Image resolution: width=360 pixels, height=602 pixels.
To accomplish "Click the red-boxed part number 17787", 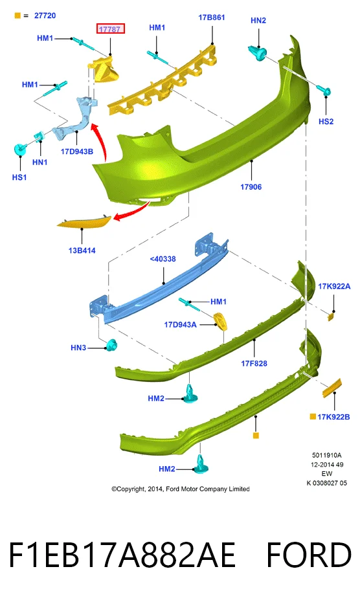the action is click(x=110, y=28).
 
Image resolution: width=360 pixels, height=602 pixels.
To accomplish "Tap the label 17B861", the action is click(x=212, y=17).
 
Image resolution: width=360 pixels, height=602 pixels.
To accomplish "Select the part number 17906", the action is click(x=251, y=187).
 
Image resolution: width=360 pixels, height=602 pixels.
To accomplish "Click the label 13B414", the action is click(x=82, y=251).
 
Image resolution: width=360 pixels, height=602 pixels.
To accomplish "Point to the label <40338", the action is click(x=163, y=259).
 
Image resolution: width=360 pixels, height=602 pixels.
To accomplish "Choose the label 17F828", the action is click(x=254, y=363).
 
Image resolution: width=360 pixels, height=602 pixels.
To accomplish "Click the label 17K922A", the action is click(x=334, y=286).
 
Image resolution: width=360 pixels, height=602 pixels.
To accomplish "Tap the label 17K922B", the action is click(x=333, y=417).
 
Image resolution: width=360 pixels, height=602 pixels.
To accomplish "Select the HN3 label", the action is click(x=78, y=348).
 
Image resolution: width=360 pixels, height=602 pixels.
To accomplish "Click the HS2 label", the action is click(x=326, y=122).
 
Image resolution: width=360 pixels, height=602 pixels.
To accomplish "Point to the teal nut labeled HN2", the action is click(x=258, y=52).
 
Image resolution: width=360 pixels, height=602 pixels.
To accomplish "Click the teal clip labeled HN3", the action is click(x=112, y=345).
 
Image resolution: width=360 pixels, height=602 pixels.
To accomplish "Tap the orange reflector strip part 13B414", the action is click(x=84, y=221).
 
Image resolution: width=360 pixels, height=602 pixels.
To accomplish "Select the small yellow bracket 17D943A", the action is click(x=220, y=321).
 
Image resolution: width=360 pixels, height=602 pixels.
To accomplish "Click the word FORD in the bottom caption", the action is click(x=308, y=555).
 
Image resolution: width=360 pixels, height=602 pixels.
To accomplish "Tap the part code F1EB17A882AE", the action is click(x=122, y=555).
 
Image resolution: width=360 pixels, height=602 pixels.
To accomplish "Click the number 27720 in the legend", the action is click(x=45, y=16).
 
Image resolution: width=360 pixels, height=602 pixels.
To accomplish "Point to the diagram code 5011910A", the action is click(x=326, y=455).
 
